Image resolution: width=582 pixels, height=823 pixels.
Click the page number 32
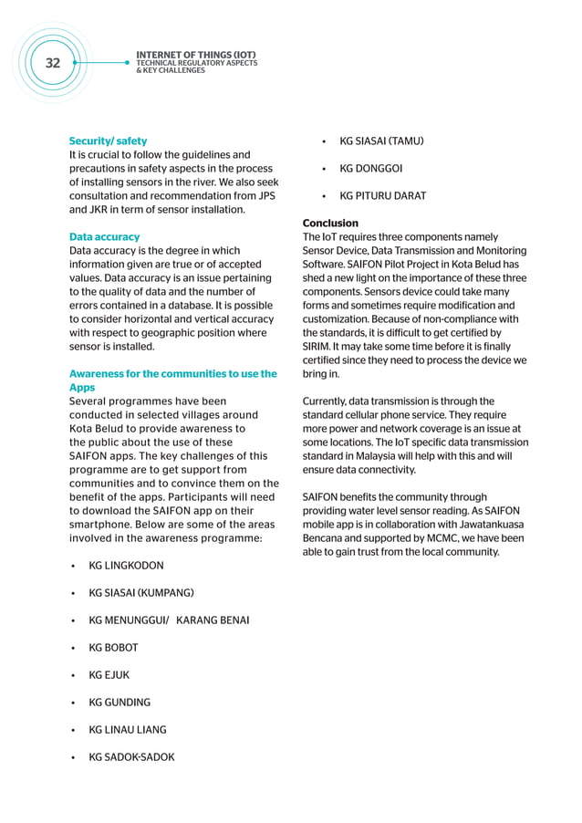(53, 63)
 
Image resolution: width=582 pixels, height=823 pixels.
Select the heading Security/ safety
(108, 141)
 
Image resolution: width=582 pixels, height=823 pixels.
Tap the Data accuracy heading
(105, 237)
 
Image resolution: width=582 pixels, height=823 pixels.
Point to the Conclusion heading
(330, 224)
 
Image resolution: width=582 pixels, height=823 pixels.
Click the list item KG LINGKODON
(126, 566)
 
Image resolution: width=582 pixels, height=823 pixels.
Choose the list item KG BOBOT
(113, 648)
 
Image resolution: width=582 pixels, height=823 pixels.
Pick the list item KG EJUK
(109, 675)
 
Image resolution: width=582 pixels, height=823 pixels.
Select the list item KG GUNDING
(120, 703)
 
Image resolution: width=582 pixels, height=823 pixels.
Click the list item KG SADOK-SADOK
(131, 757)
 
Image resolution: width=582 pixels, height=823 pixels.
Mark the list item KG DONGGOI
(370, 169)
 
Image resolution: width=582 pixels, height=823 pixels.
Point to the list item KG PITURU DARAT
(382, 196)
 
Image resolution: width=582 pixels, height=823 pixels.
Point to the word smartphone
(104, 525)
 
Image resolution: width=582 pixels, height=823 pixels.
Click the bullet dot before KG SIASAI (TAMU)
(326, 141)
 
